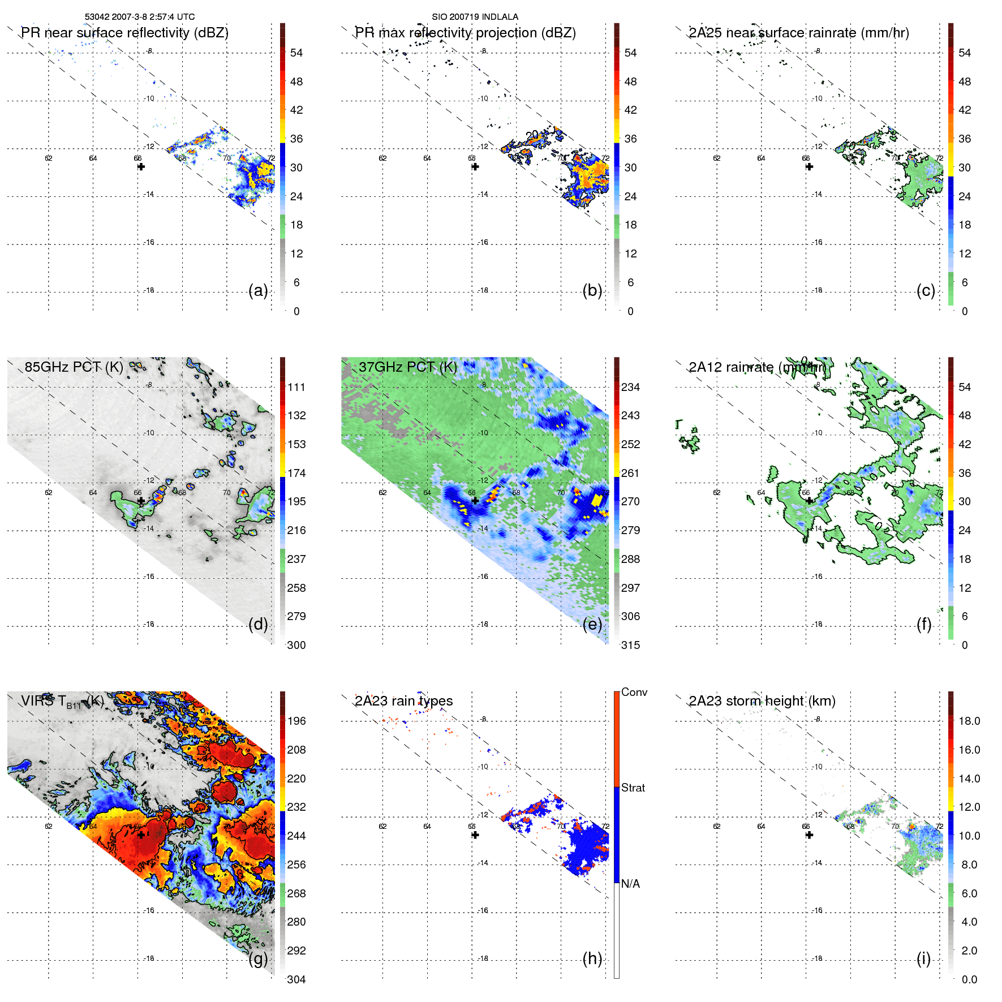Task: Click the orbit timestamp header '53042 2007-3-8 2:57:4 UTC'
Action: click(139, 17)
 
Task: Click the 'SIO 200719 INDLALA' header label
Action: click(475, 17)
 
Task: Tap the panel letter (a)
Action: click(258, 290)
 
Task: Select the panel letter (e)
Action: click(592, 624)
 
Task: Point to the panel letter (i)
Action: click(923, 958)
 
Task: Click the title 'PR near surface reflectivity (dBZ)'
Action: click(124, 33)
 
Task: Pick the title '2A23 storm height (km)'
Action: click(762, 701)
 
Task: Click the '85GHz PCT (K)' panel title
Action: click(74, 367)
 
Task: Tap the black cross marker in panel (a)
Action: click(141, 166)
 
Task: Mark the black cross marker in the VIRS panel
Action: click(141, 835)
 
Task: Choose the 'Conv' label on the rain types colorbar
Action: click(634, 692)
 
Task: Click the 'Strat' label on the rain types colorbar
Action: click(633, 788)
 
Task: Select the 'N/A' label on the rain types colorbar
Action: click(630, 884)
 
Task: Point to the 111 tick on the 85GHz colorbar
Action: click(296, 387)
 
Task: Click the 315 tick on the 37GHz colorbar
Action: click(630, 645)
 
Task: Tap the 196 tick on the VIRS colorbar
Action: click(296, 721)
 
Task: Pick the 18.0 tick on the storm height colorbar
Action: click(969, 721)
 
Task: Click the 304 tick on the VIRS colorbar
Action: click(296, 979)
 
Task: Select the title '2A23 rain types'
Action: click(403, 701)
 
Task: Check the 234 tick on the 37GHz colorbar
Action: click(630, 387)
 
